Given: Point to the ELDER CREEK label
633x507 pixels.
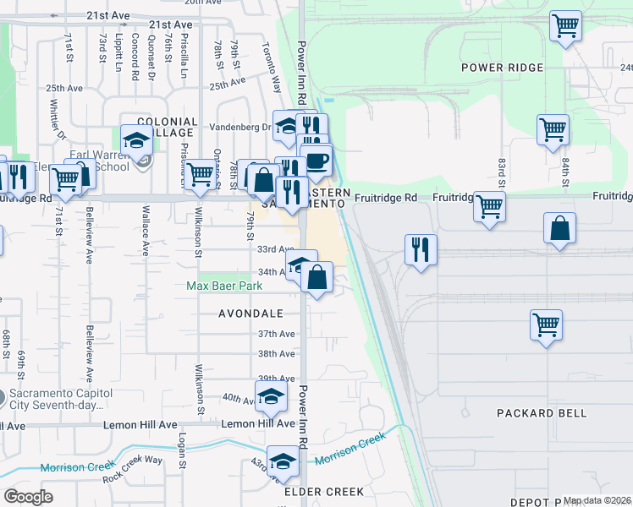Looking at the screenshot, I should (x=324, y=491).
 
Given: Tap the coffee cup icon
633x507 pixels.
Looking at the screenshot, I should (x=316, y=161).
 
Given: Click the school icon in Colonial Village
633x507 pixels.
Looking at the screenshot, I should (x=135, y=140).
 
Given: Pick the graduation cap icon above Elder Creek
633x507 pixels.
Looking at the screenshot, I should (x=283, y=461).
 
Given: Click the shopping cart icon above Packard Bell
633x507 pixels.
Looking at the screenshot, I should (x=547, y=324).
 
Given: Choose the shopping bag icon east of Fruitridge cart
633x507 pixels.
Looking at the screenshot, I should (x=560, y=228).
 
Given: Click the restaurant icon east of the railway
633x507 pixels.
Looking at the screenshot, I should (x=421, y=249).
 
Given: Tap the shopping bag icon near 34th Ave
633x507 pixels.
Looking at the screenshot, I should (x=316, y=277).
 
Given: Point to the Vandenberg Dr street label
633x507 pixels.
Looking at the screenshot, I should (x=241, y=128).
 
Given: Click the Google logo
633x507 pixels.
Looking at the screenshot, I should (x=28, y=497).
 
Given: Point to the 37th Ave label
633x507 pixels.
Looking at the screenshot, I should (x=276, y=334).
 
